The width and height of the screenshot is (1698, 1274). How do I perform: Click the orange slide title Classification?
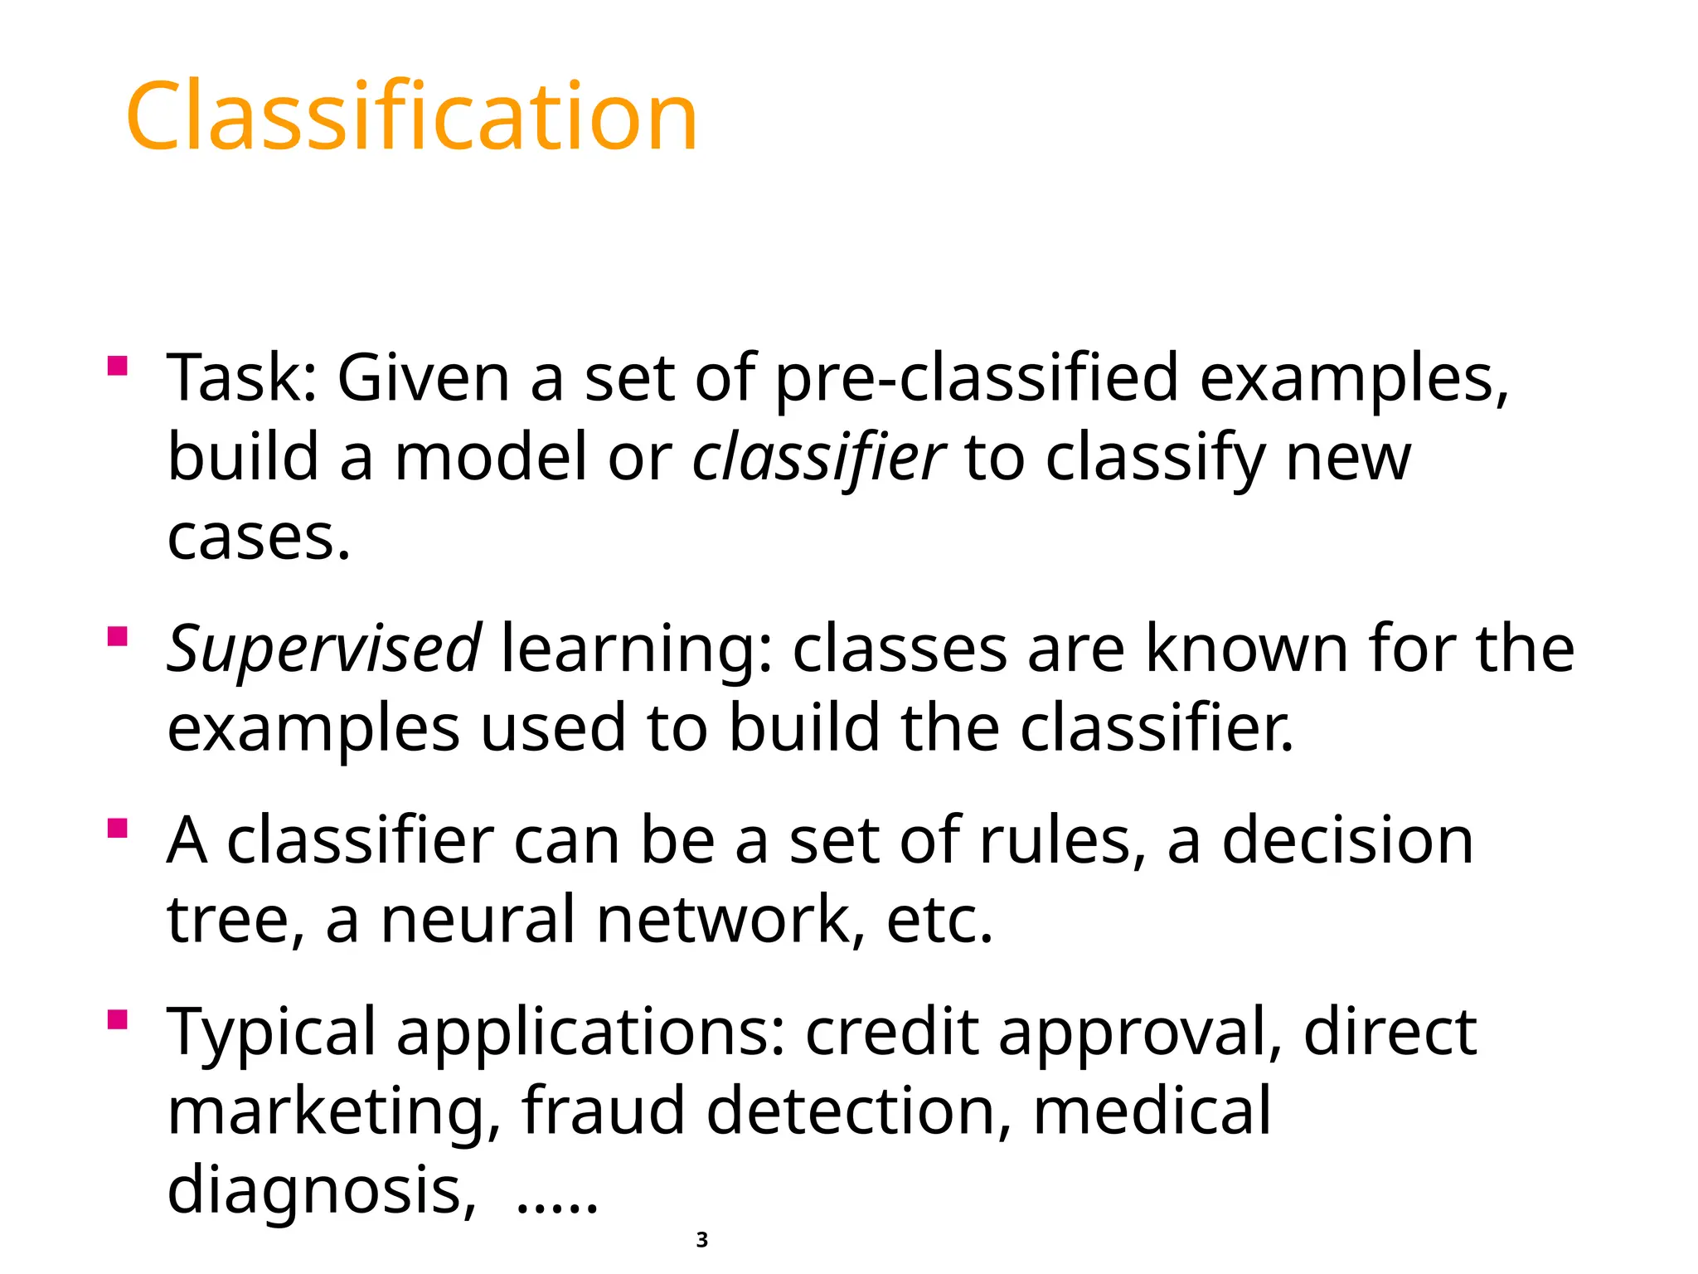pyautogui.click(x=411, y=116)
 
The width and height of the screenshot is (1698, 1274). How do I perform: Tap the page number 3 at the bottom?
pyautogui.click(x=702, y=1240)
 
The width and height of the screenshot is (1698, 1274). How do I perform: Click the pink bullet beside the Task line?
pyautogui.click(x=118, y=366)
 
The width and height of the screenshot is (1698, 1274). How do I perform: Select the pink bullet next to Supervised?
pyautogui.click(x=118, y=636)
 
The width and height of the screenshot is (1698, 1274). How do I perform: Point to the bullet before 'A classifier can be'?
pyautogui.click(x=118, y=829)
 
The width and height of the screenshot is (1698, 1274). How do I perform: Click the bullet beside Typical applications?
pyautogui.click(x=118, y=1019)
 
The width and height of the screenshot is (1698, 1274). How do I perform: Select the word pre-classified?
pyautogui.click(x=977, y=378)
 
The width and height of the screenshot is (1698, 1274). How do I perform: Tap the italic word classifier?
pyautogui.click(x=818, y=458)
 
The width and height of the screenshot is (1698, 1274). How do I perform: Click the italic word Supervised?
pyautogui.click(x=323, y=649)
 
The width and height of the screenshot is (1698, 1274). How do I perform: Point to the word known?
pyautogui.click(x=1246, y=649)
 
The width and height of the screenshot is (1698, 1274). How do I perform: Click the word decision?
pyautogui.click(x=1348, y=841)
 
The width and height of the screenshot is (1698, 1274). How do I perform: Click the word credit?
pyautogui.click(x=891, y=1032)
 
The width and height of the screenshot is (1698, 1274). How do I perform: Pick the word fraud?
pyautogui.click(x=603, y=1111)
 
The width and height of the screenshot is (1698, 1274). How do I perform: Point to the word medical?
pyautogui.click(x=1152, y=1111)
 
